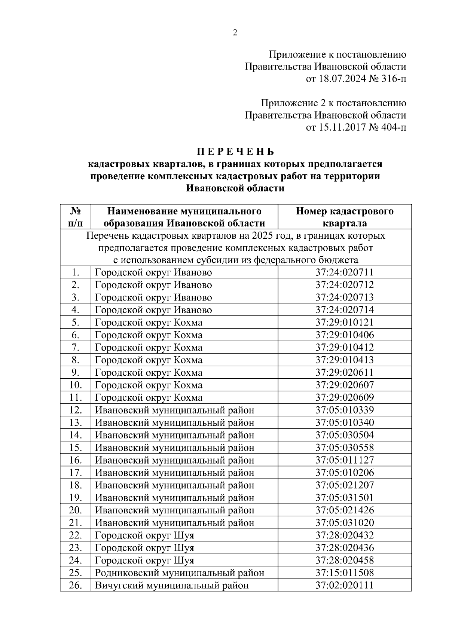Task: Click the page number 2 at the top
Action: [235, 33]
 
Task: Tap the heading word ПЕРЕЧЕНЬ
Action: [235, 152]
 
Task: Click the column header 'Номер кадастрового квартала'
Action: [345, 217]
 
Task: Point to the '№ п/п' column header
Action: [75, 217]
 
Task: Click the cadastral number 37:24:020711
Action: [345, 272]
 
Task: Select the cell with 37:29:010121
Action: [345, 323]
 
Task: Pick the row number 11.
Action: [75, 397]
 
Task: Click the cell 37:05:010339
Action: [345, 410]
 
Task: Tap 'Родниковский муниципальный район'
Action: [180, 573]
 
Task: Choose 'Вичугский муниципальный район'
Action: [172, 585]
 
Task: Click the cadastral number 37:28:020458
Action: [345, 560]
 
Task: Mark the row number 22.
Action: [75, 535]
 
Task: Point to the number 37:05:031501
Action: [345, 498]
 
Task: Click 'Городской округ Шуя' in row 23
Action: [144, 548]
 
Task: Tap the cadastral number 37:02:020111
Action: [345, 585]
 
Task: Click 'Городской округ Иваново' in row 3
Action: [153, 297]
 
